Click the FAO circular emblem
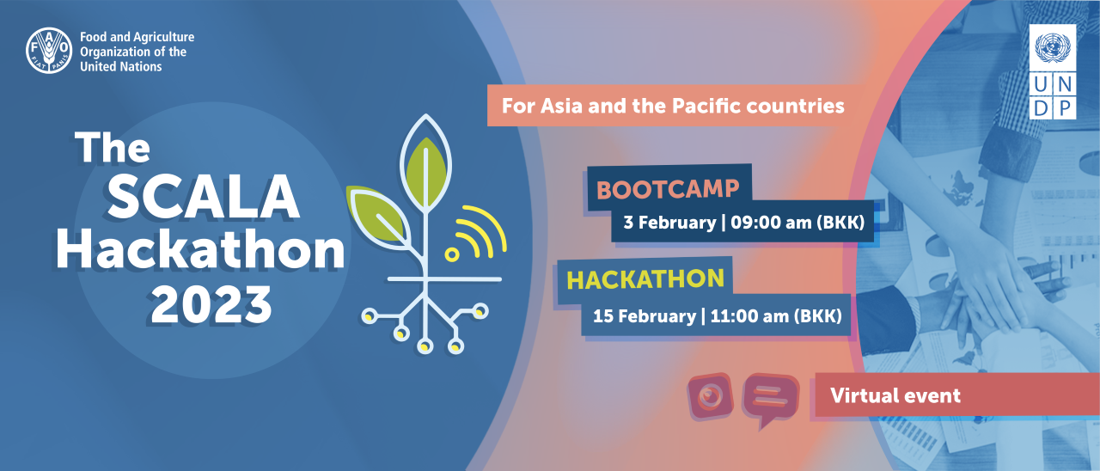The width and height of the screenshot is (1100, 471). click(49, 51)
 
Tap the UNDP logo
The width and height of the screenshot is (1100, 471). click(1053, 71)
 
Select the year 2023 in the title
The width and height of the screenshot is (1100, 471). click(211, 304)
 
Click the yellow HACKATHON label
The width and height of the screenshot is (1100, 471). click(645, 279)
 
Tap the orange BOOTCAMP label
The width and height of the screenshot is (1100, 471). click(668, 189)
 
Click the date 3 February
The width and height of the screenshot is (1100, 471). click(669, 223)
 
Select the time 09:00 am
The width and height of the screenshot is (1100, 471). click(771, 223)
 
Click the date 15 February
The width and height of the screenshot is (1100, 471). click(645, 315)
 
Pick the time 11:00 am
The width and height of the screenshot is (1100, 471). click(749, 315)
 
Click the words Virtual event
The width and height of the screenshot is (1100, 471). click(895, 395)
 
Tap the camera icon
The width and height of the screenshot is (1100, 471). click(710, 396)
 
